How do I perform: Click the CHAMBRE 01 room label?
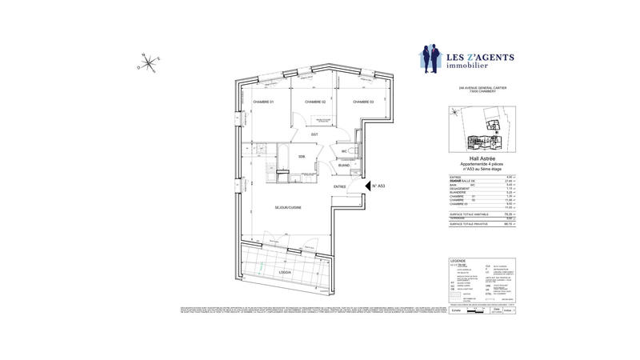263,102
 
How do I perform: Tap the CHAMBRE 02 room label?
313,102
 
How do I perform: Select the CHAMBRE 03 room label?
363,102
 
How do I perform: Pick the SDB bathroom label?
302,157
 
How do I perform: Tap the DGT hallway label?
315,134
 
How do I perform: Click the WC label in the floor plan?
343,150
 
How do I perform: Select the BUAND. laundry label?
344,166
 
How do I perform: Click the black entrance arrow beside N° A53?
366,186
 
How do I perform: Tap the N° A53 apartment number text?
379,186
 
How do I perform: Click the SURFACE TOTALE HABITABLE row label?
468,214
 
